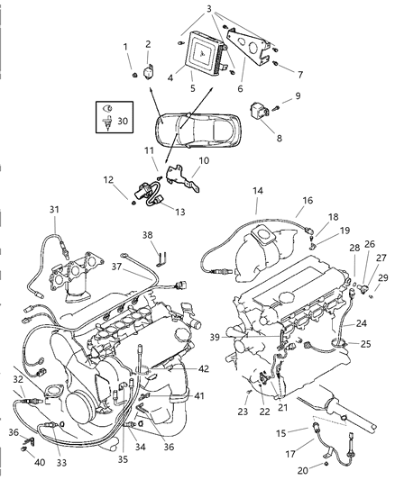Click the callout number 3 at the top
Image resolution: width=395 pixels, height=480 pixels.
click(208, 9)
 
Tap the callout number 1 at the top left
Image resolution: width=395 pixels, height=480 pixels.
click(126, 46)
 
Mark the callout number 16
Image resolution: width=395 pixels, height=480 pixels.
click(308, 200)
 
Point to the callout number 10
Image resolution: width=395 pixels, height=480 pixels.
click(203, 160)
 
